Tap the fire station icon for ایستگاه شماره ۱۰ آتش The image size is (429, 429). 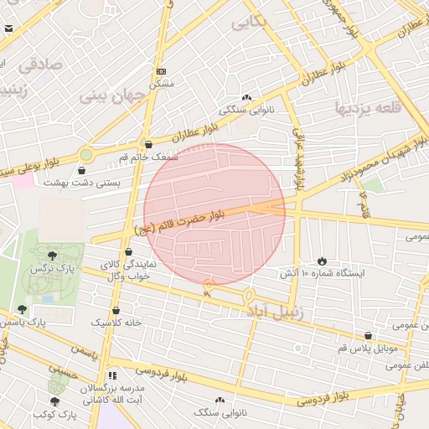click(324, 261)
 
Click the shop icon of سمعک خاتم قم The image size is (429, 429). click(148, 145)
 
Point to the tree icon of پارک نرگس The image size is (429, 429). click(53, 255)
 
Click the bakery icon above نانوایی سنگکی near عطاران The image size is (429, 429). click(246, 97)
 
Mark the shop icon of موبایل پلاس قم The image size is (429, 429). click(366, 335)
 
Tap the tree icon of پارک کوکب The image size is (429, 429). click(55, 402)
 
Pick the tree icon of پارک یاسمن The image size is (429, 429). click(22, 309)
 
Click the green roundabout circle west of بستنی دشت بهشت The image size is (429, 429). click(85, 154)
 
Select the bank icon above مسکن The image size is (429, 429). click(161, 72)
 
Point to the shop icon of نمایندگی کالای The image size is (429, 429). click(128, 251)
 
